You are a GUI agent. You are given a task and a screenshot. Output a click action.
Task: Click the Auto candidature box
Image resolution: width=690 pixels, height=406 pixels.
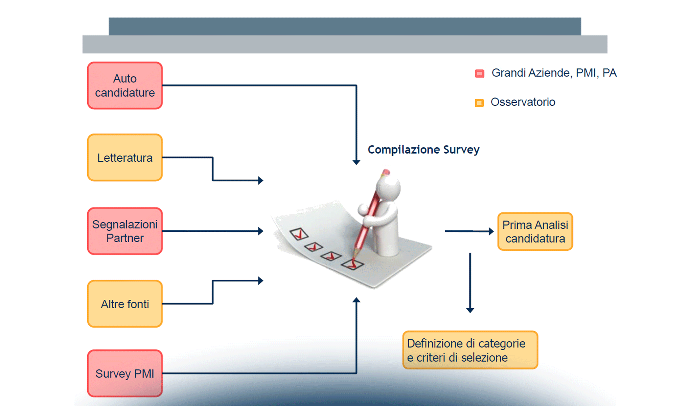point(125,86)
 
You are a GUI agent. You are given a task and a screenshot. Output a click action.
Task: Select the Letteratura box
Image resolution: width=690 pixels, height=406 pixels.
point(125,158)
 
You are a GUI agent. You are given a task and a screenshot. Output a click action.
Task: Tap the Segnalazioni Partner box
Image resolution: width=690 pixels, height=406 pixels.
point(125,231)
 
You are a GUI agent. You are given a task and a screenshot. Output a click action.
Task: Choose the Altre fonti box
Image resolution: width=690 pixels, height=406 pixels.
point(125,304)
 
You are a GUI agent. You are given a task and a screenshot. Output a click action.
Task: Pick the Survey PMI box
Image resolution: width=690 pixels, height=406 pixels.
point(125,374)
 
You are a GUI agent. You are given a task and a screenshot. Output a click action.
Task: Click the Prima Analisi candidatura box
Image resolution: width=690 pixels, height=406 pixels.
point(535,232)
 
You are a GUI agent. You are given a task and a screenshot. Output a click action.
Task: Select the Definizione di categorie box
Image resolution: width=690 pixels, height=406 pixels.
point(470,350)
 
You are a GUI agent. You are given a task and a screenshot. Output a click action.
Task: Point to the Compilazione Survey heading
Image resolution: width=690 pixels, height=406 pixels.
point(423,150)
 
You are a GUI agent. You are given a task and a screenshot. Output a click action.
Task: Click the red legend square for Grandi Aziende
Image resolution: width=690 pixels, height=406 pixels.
point(480,73)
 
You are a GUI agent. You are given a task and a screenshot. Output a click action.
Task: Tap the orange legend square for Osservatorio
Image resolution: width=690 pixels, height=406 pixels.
point(479,103)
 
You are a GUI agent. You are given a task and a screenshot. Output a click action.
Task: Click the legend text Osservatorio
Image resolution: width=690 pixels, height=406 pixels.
point(523,102)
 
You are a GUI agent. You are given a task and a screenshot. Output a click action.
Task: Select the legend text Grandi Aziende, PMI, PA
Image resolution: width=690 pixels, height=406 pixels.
point(554,73)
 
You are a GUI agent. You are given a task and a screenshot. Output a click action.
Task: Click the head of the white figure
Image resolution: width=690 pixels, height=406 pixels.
point(389,188)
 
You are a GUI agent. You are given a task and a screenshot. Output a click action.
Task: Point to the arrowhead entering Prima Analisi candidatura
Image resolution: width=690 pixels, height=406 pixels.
point(491,231)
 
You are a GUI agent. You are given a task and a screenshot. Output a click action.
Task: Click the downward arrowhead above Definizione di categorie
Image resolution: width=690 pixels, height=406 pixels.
point(470,310)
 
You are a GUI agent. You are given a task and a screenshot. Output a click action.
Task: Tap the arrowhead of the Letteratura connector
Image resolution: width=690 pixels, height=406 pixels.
point(260,180)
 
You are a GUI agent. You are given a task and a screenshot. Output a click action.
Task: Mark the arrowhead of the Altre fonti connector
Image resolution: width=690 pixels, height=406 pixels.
point(260,280)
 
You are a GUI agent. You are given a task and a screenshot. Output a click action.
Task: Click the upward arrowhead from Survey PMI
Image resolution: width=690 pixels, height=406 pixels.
point(356,300)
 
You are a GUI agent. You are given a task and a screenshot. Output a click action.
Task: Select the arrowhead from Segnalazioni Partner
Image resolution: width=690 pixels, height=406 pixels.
point(260,231)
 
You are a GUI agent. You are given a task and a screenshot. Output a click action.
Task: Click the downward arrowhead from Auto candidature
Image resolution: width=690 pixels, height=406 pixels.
point(356,162)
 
